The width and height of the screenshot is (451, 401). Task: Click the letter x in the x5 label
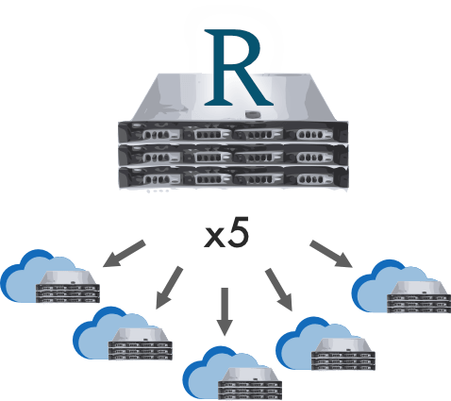(x=214, y=239)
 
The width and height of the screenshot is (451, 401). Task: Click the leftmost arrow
(x=125, y=254)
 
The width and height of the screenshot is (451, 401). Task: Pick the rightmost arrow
(x=328, y=254)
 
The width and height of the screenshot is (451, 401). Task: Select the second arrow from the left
(x=170, y=286)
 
